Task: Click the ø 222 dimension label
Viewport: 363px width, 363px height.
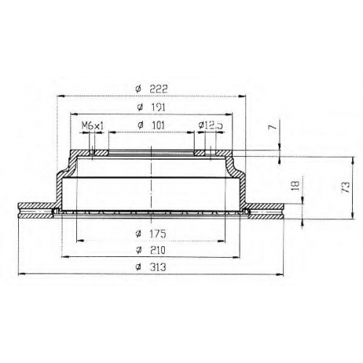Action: coord(152,89)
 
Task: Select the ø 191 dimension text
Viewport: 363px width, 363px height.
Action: coord(151,107)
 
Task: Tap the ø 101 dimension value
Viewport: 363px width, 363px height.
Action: coord(151,125)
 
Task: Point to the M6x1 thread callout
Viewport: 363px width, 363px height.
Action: coord(92,126)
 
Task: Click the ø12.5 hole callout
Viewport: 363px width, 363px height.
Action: coord(211,126)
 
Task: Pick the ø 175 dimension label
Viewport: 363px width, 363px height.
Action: coord(151,234)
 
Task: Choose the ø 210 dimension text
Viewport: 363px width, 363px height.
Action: coord(151,250)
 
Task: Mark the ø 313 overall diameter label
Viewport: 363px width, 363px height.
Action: coord(151,267)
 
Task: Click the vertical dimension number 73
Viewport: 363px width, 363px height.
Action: coord(346,187)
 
